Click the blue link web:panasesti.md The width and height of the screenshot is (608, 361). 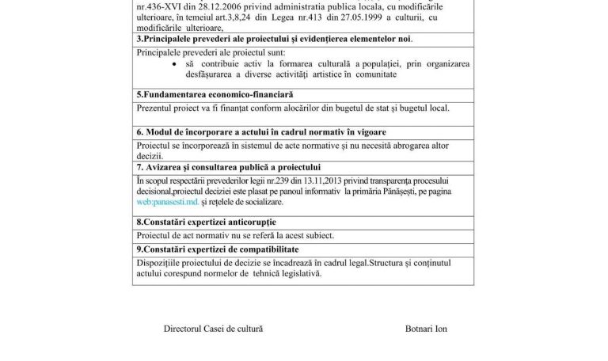(x=161, y=203)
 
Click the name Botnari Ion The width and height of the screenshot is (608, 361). (x=425, y=328)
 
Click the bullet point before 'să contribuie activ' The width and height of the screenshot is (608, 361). (x=174, y=63)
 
